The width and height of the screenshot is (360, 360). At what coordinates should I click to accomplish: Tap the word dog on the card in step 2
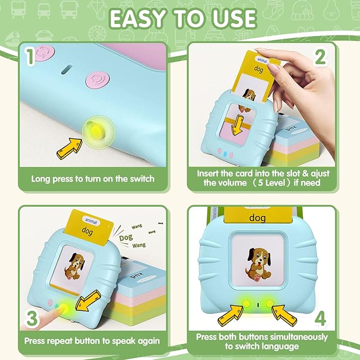click(259, 68)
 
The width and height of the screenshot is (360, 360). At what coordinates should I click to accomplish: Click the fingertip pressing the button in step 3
click(51, 308)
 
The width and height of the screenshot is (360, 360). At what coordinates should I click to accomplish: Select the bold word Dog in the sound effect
click(126, 236)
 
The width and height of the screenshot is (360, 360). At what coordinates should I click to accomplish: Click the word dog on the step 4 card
click(258, 217)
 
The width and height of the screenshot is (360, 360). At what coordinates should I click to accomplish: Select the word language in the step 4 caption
click(285, 346)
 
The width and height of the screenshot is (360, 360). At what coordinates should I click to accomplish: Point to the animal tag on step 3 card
click(87, 218)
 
